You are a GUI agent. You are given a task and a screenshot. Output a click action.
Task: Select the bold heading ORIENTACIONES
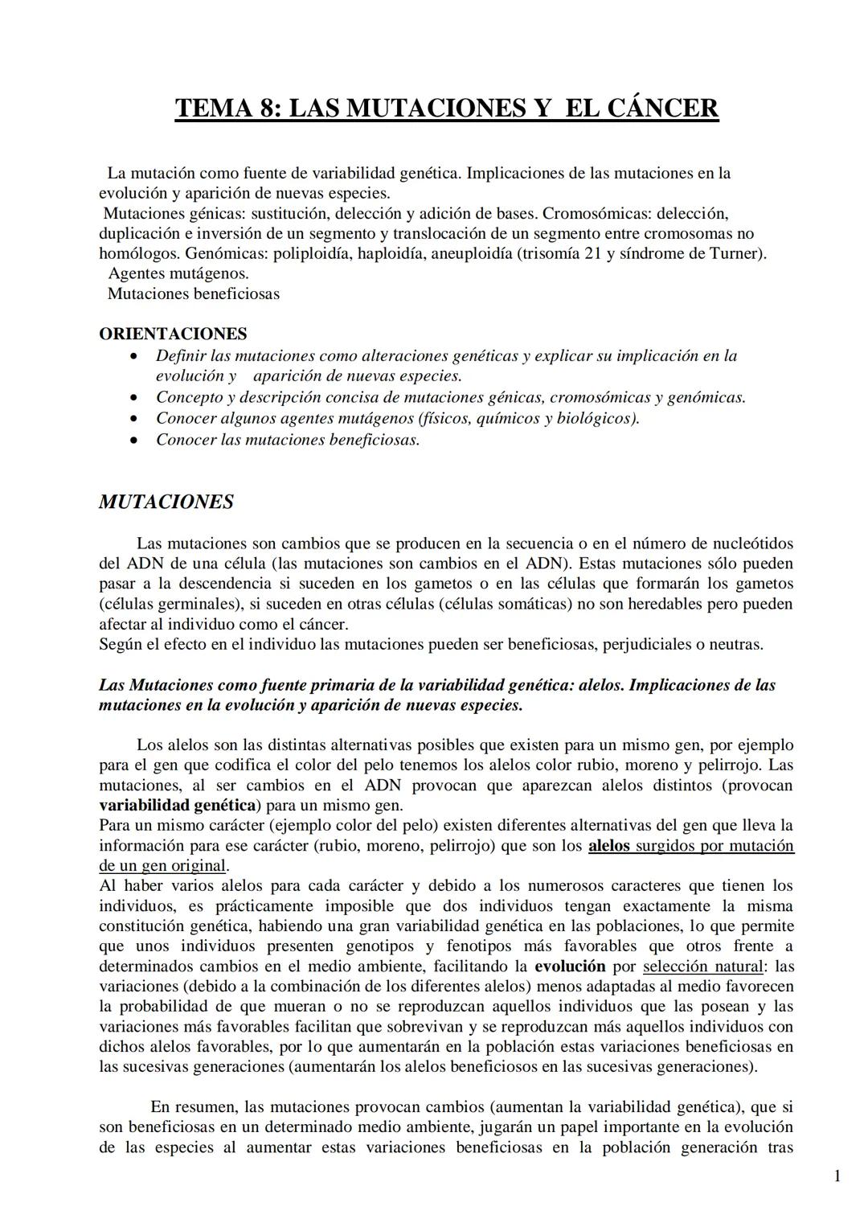[x=173, y=334]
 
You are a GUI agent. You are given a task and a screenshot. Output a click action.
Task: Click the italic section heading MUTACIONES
[x=166, y=503]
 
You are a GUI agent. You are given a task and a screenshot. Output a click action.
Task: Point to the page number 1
[x=837, y=1176]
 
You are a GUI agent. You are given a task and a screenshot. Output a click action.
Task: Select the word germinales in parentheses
[x=191, y=604]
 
